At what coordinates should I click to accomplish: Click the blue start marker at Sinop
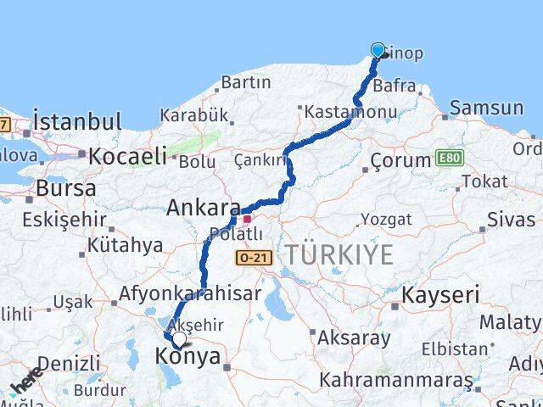tap(378, 51)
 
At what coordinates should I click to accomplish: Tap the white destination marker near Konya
tap(179, 339)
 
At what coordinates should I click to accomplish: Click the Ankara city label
tap(204, 208)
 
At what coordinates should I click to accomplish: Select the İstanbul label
tap(78, 120)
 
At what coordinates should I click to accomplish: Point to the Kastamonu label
tap(339, 111)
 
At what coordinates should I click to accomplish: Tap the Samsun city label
tap(487, 108)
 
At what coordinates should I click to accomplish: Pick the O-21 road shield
tap(255, 256)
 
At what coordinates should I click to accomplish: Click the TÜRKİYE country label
tap(339, 254)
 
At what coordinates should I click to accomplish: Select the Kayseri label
tap(440, 295)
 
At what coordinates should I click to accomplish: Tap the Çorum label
tap(401, 160)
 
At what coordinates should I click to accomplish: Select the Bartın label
tap(245, 82)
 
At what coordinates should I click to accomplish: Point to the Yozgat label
tap(386, 220)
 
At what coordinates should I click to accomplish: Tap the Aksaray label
tap(354, 337)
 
